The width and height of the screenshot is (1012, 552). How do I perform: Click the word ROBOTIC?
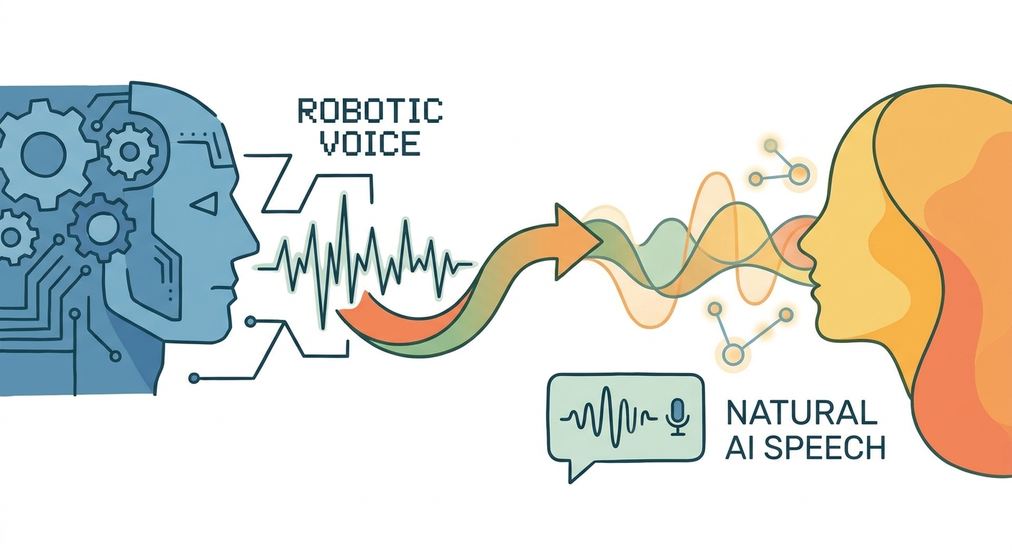(370, 111)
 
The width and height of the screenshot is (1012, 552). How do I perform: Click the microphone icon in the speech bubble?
(678, 415)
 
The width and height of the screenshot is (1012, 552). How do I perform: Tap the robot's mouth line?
(224, 287)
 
